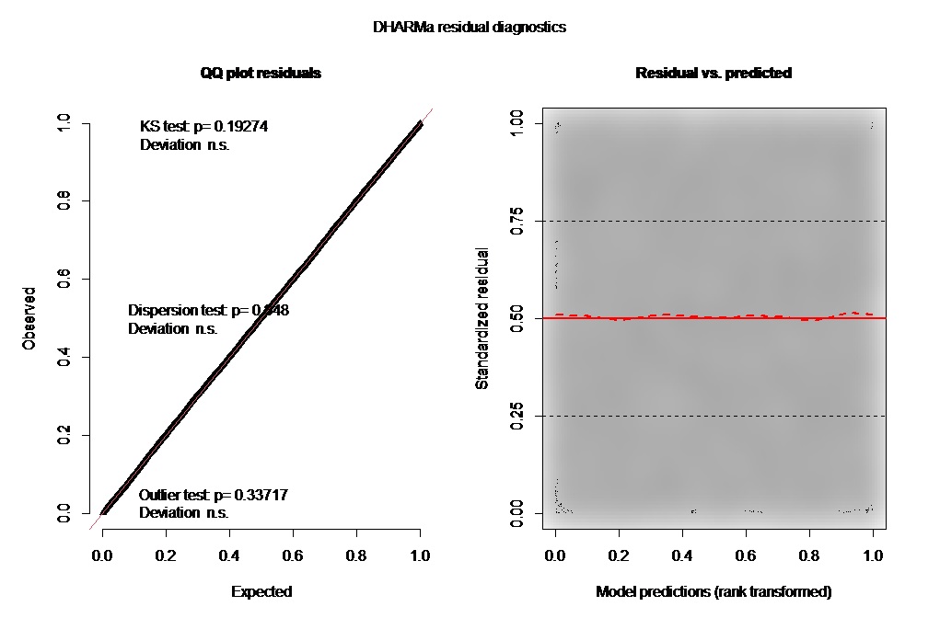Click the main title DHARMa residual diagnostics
pos(470,28)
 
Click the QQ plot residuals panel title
pos(261,73)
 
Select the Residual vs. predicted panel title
pos(713,73)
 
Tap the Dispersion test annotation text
pos(208,311)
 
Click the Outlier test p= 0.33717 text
pos(214,495)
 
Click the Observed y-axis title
pos(29,318)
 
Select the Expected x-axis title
pos(261,591)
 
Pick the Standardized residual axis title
pos(482,318)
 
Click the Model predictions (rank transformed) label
pos(714,591)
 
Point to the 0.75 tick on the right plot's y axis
pos(517,221)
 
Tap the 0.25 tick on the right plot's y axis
pos(517,417)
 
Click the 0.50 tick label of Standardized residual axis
pos(517,318)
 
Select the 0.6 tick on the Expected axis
pos(293,556)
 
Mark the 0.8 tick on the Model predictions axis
pos(809,556)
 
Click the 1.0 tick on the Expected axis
pos(420,556)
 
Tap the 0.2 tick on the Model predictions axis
pos(619,556)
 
